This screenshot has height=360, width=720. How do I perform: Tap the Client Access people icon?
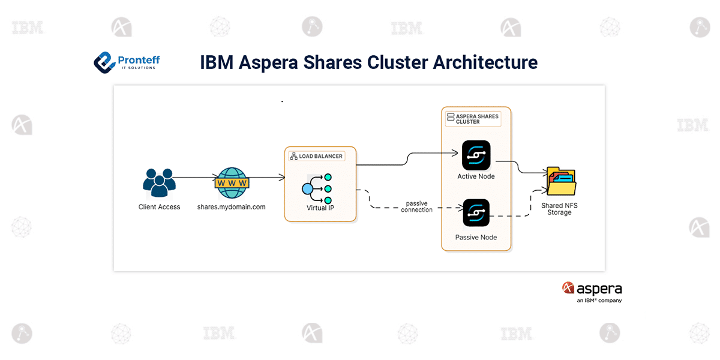tap(159, 182)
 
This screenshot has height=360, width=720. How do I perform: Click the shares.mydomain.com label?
tap(232, 207)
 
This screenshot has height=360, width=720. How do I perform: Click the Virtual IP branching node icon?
tap(316, 188)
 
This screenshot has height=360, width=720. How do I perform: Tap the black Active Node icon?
tap(476, 155)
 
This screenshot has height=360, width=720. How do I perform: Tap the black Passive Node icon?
tap(476, 214)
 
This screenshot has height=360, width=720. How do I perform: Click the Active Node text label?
tap(476, 176)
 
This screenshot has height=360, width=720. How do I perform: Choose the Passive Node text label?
tap(476, 238)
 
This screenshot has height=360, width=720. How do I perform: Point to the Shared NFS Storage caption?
tap(559, 209)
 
